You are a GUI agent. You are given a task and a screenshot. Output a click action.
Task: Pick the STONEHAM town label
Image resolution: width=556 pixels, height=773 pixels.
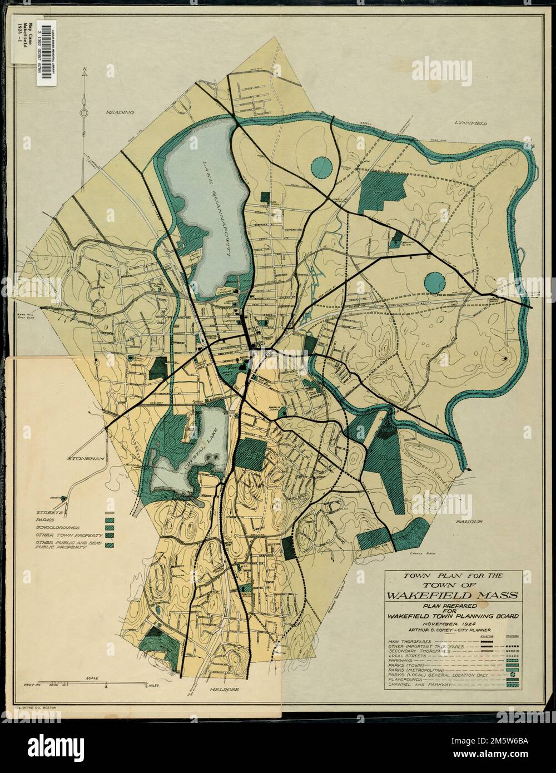pyautogui.click(x=85, y=459)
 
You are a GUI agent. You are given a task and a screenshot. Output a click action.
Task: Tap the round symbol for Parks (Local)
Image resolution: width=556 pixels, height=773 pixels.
pyautogui.click(x=510, y=674)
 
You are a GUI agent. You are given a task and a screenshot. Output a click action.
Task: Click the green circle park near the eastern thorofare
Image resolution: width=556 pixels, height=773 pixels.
pyautogui.click(x=434, y=282)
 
